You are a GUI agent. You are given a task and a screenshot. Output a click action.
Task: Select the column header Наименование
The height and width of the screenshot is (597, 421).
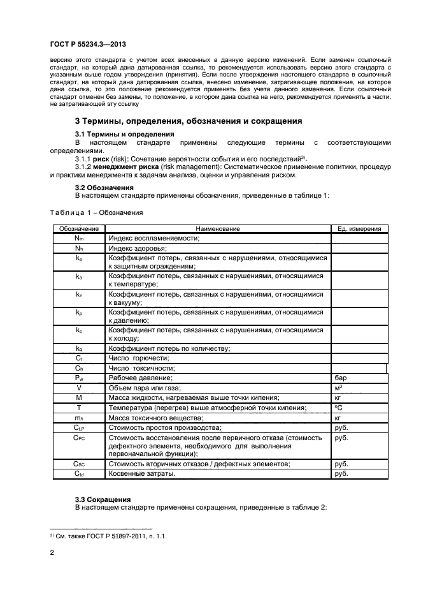pyautogui.click(x=218, y=228)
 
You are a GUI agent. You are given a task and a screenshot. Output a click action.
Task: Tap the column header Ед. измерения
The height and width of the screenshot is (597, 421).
pyautogui.click(x=359, y=228)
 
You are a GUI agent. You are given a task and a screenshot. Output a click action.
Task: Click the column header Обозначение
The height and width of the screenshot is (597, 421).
pyautogui.click(x=78, y=228)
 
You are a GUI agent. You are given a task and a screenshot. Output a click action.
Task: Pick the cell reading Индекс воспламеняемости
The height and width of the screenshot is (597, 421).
pyautogui.click(x=155, y=238)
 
